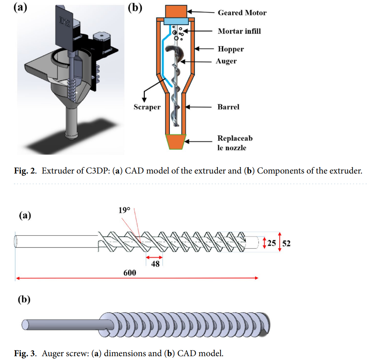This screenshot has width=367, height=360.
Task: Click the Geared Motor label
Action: (x=242, y=13)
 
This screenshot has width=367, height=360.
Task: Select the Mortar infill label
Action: (x=239, y=31)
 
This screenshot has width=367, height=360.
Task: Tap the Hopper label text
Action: (x=230, y=49)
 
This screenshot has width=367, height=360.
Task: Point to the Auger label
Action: (x=226, y=61)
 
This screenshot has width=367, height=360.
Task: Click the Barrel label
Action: (x=228, y=107)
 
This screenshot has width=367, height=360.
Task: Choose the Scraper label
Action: (x=147, y=107)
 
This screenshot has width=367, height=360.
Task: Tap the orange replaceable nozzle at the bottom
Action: (x=175, y=141)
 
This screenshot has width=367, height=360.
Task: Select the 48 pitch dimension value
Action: (x=155, y=263)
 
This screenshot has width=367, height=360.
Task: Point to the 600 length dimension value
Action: (x=130, y=273)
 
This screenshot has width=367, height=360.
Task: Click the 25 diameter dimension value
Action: (x=271, y=242)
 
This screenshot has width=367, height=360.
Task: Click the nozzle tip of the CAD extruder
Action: (x=71, y=136)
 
